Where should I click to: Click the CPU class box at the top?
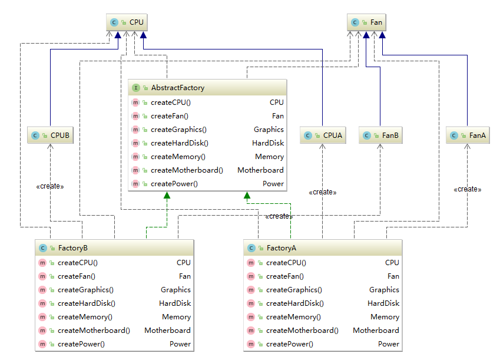[x=126, y=23]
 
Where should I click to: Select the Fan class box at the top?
[x=366, y=23]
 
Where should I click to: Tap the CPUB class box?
[x=51, y=136]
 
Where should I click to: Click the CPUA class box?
[x=323, y=136]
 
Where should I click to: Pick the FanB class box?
[x=380, y=136]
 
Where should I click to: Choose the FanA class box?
[x=468, y=136]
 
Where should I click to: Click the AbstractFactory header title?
[x=177, y=88]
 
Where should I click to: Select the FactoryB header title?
[x=72, y=248]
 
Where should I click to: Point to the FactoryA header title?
[x=281, y=248]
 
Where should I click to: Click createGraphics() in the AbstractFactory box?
[x=178, y=130]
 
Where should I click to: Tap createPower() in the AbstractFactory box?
[x=174, y=184]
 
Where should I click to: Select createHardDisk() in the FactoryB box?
[x=86, y=303]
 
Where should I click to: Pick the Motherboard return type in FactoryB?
[x=167, y=331]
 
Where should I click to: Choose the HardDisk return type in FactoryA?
[x=383, y=303]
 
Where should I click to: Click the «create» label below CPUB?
[x=50, y=186]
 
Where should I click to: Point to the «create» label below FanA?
[x=468, y=189]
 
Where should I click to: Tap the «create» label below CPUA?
[x=322, y=192]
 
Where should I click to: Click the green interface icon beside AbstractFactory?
[x=136, y=88]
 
